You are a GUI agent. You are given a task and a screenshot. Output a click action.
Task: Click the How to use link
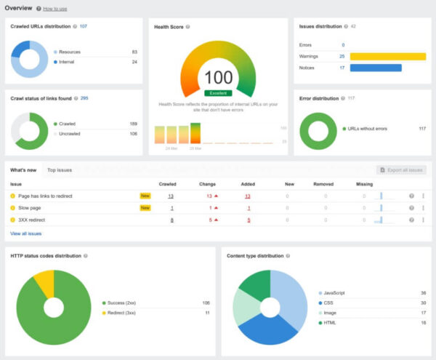coord(55,9)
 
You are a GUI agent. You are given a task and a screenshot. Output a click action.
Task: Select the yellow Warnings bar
coord(387,56)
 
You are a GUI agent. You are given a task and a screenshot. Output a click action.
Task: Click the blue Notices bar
coord(375,68)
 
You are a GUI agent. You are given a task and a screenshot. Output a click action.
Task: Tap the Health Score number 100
coord(218,78)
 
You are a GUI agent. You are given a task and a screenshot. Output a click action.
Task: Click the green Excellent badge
coord(218,93)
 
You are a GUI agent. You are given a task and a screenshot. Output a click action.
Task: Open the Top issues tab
coord(60,170)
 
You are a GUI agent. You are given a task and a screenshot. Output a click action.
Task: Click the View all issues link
coord(26,233)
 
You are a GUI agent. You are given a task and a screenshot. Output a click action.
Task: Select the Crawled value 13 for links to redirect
coord(171,196)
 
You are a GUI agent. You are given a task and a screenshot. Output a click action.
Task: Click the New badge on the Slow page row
coord(145,207)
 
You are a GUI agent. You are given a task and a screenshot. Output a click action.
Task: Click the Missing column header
coord(365,184)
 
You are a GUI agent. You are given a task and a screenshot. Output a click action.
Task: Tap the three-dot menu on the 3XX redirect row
coord(423,219)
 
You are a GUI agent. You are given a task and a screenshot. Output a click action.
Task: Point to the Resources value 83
coord(134,52)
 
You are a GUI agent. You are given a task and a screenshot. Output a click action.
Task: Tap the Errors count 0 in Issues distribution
coord(343,44)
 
